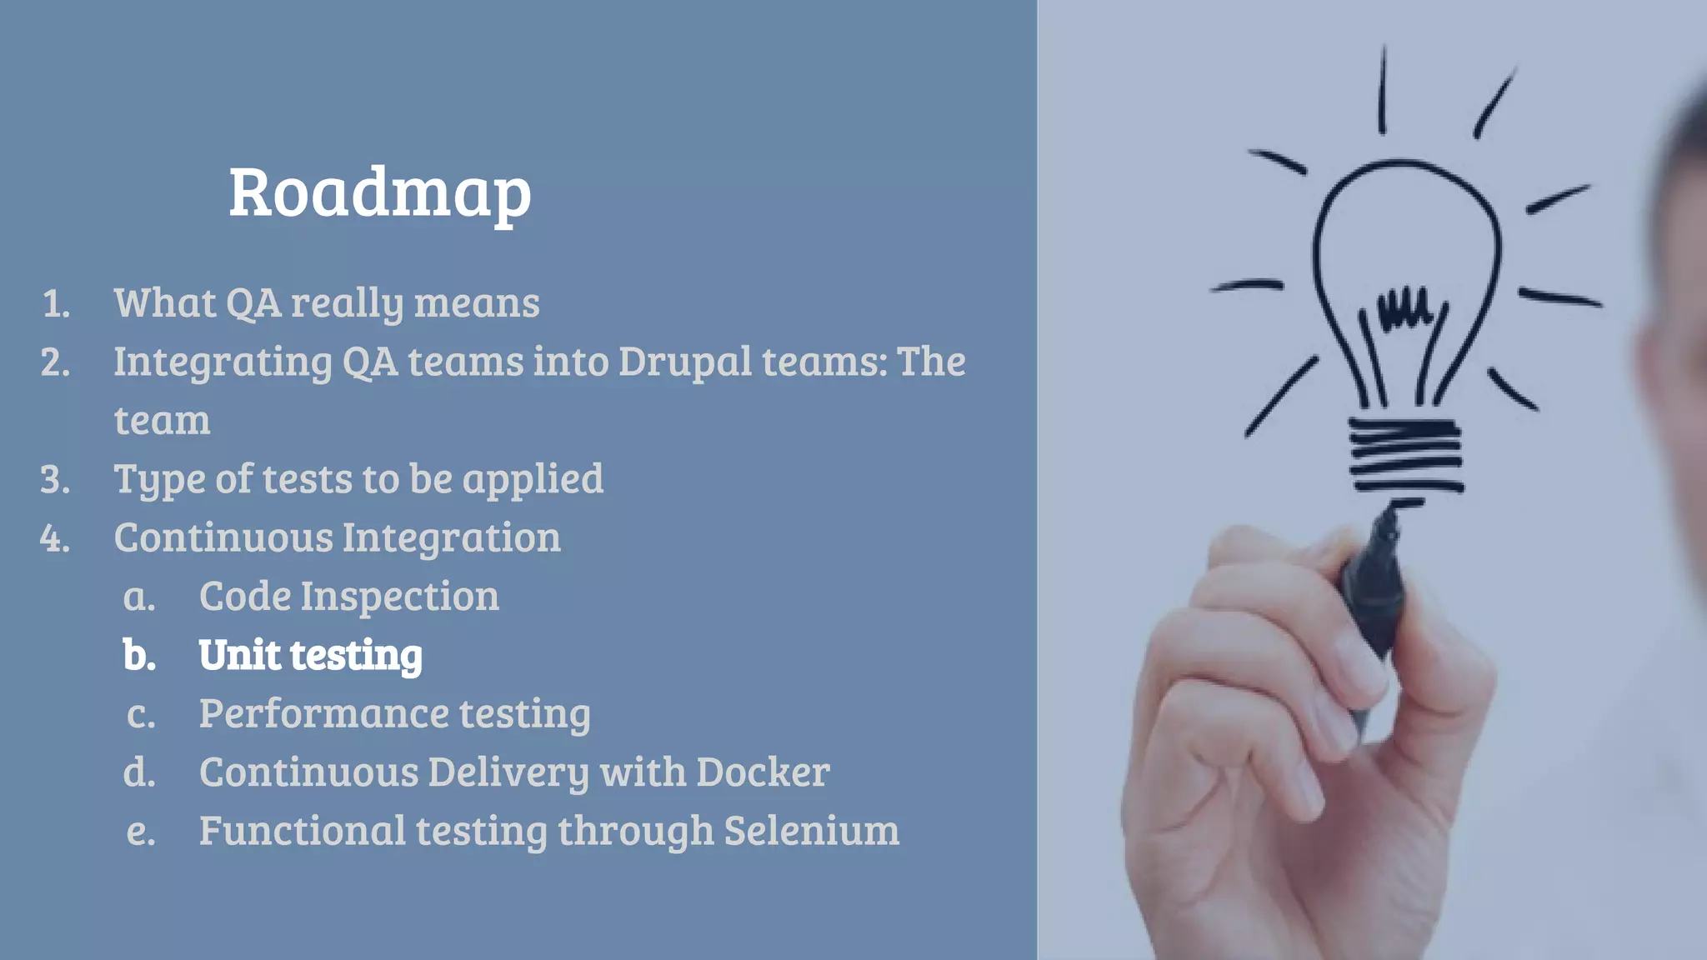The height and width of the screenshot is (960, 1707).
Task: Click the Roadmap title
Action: pyautogui.click(x=379, y=193)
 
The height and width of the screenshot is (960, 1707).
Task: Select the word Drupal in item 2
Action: pyautogui.click(x=684, y=362)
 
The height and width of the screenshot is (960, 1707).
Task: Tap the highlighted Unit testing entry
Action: pyautogui.click(x=310, y=655)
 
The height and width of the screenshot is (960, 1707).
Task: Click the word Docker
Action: pyautogui.click(x=763, y=772)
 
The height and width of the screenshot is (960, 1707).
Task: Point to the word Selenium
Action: pyautogui.click(x=811, y=831)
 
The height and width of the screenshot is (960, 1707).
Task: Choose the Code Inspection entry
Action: pyautogui.click(x=348, y=597)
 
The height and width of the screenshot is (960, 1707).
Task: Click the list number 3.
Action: pyautogui.click(x=55, y=480)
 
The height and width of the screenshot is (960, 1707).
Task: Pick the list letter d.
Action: pyautogui.click(x=139, y=772)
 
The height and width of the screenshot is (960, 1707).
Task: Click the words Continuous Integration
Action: pyautogui.click(x=337, y=538)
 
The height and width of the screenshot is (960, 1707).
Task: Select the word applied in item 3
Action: pyautogui.click(x=533, y=480)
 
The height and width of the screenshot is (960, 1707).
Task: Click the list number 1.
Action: pyautogui.click(x=56, y=304)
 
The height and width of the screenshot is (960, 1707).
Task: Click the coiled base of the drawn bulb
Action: pyautogui.click(x=1405, y=454)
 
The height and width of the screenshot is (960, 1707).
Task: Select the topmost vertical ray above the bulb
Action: pyautogui.click(x=1383, y=90)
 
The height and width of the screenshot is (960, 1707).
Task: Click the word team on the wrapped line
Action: pyautogui.click(x=162, y=421)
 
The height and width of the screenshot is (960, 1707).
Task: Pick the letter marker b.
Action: pyautogui.click(x=139, y=656)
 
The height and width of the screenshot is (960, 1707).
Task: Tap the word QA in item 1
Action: pyautogui.click(x=253, y=303)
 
